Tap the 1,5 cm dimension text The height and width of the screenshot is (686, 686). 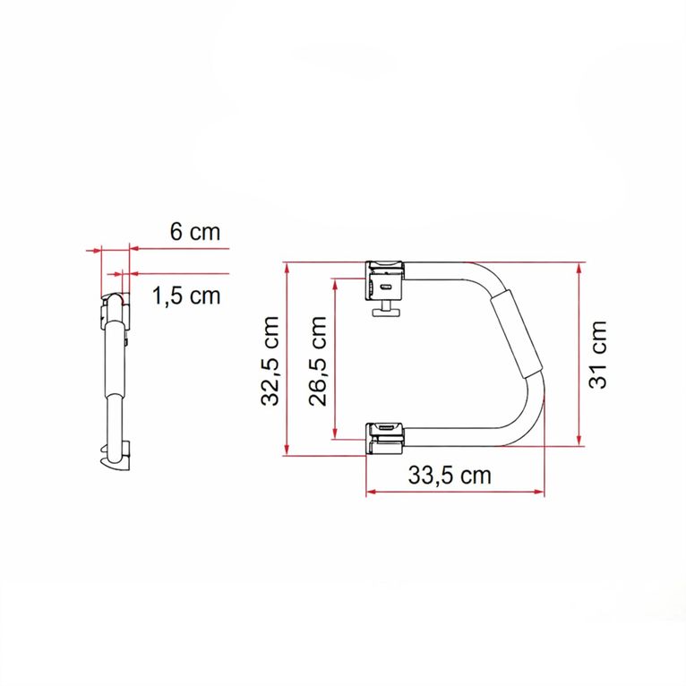point(185,296)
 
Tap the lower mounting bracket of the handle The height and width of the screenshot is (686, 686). point(386,435)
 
